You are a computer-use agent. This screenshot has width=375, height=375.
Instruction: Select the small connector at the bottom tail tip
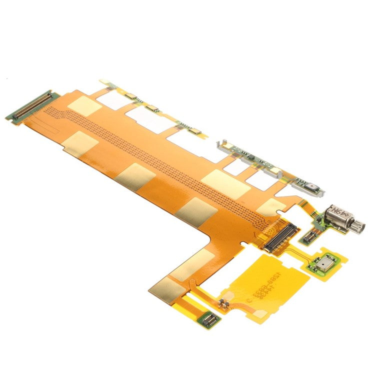(210, 318)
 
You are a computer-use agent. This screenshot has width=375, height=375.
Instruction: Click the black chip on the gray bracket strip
(255, 161)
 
